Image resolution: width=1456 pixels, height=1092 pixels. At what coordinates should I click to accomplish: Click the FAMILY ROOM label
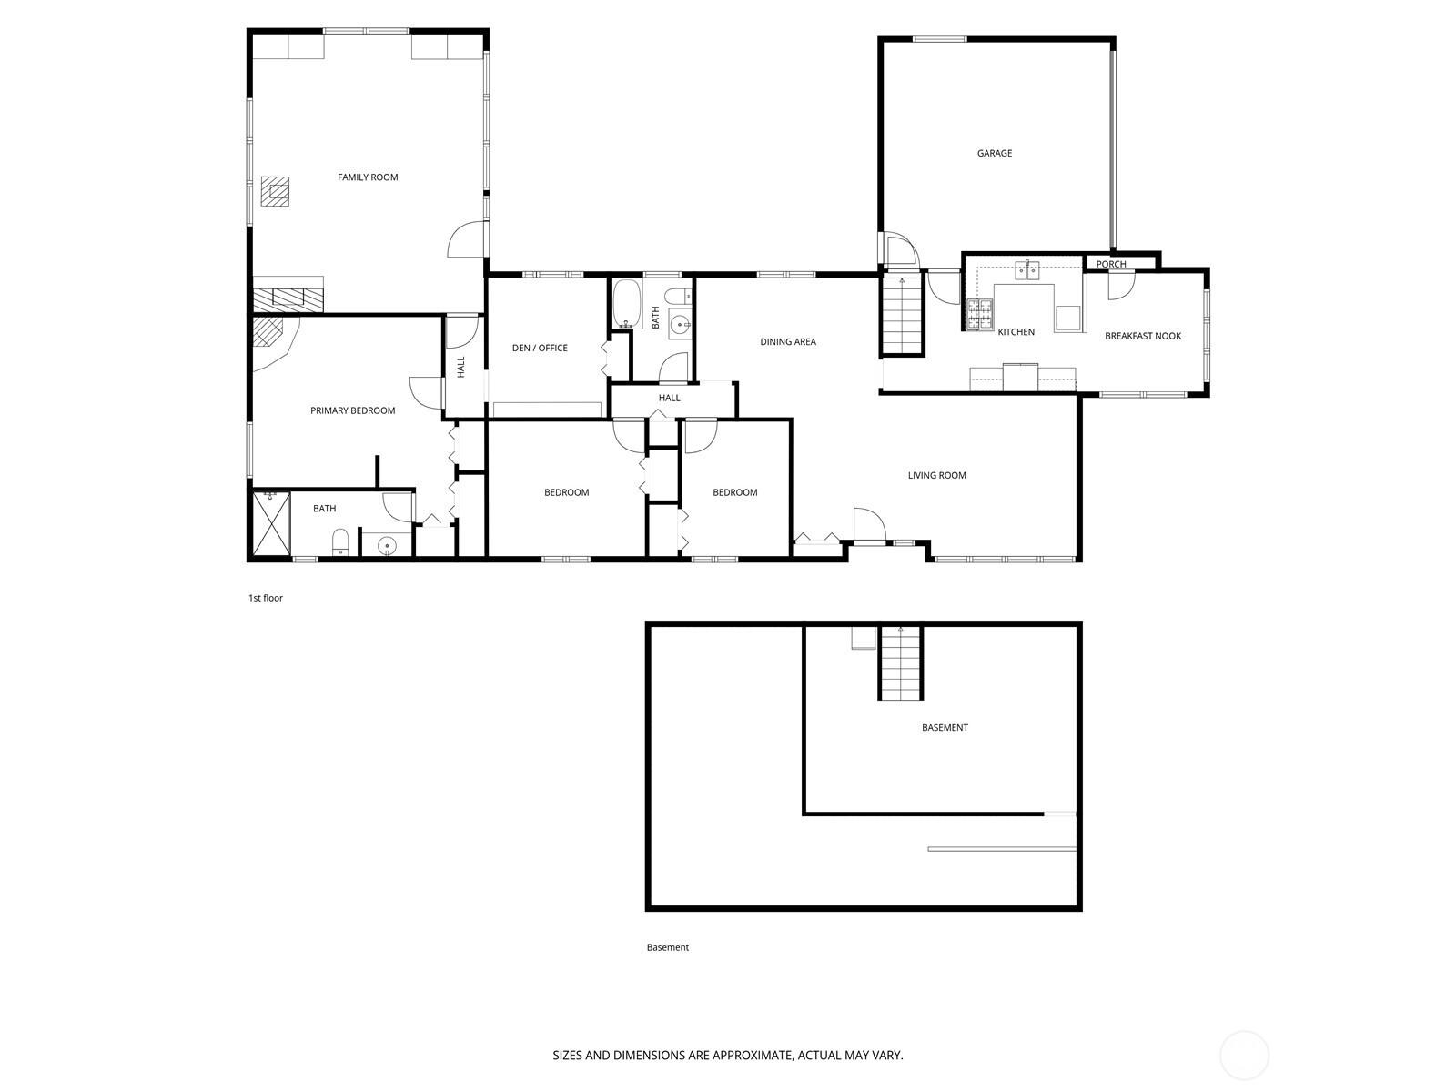point(368,177)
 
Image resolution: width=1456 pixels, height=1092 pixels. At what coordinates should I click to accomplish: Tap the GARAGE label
point(995,153)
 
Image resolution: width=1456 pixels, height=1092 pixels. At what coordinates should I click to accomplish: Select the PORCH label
point(1110,264)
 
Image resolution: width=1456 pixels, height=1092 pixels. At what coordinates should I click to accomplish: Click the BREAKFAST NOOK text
point(1143,336)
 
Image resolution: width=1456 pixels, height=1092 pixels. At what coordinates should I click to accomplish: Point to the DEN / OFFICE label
point(540,348)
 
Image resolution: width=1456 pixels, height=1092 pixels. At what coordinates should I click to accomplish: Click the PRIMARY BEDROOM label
point(352,410)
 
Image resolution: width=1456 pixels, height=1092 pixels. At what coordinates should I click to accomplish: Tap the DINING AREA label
point(788,342)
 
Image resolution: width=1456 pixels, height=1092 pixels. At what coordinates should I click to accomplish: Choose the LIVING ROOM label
point(936,475)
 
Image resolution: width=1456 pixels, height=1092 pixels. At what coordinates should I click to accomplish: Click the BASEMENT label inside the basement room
point(945,727)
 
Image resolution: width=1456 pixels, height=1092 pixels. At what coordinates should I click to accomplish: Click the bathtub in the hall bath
point(627,304)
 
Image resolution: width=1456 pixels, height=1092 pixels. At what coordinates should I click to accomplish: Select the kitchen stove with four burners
point(979,315)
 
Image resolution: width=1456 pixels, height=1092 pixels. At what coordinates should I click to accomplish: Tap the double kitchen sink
point(1029,268)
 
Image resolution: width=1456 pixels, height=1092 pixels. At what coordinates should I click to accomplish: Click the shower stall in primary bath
point(271,522)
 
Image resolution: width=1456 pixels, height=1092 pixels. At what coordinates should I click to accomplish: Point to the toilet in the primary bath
point(340,542)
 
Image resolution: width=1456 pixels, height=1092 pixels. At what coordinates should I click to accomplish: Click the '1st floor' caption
point(266,598)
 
